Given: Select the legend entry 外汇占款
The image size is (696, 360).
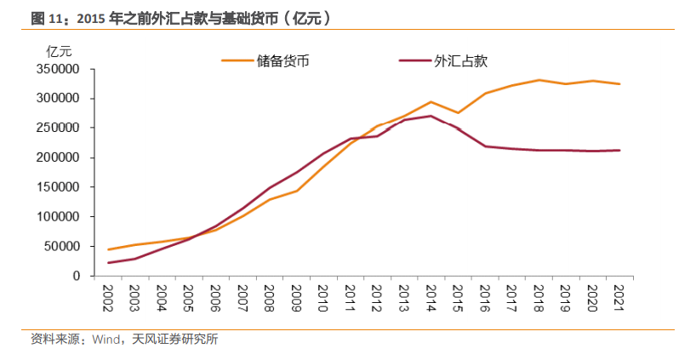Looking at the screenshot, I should (x=459, y=60).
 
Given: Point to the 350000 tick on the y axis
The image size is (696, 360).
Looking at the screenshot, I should (x=58, y=69).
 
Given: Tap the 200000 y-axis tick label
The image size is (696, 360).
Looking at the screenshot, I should (x=58, y=157).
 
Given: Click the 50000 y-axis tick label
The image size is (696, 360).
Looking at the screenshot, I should (x=61, y=247).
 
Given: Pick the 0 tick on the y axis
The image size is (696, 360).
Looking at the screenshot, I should (x=77, y=277).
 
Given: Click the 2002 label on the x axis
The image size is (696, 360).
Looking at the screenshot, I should (x=109, y=297).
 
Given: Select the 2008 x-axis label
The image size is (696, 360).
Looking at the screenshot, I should (x=268, y=297).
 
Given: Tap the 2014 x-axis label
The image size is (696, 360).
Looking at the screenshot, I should (x=431, y=297).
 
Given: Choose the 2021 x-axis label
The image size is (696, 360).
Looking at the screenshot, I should (x=618, y=297).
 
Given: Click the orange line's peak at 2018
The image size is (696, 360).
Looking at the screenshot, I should (x=538, y=80).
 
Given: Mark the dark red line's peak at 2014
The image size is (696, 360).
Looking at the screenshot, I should (x=431, y=116).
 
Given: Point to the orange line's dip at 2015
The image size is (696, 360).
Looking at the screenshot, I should (x=458, y=112).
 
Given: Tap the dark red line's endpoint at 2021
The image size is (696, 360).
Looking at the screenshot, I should (x=619, y=151).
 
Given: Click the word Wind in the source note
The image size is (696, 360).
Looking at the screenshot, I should (x=106, y=340).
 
